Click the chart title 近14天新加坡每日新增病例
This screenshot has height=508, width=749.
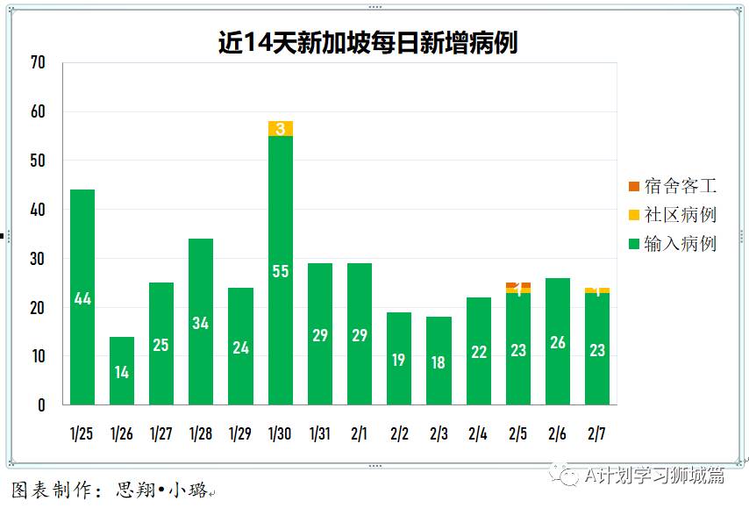click(x=367, y=43)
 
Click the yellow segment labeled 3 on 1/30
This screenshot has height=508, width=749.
click(x=281, y=129)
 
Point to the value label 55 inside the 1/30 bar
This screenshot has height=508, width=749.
click(x=281, y=271)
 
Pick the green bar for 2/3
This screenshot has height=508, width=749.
click(x=439, y=361)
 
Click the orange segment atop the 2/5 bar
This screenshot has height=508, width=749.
click(x=517, y=285)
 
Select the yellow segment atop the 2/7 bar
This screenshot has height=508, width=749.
click(x=597, y=290)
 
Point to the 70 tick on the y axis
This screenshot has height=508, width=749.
click(x=37, y=63)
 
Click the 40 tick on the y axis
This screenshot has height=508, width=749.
click(x=37, y=211)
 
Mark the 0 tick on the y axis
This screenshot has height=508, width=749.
click(x=40, y=405)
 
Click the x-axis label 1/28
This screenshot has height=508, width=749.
click(x=201, y=433)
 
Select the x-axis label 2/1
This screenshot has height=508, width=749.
click(x=360, y=433)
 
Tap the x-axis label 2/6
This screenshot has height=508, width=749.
click(x=558, y=433)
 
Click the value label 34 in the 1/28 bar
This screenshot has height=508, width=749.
click(x=201, y=323)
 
